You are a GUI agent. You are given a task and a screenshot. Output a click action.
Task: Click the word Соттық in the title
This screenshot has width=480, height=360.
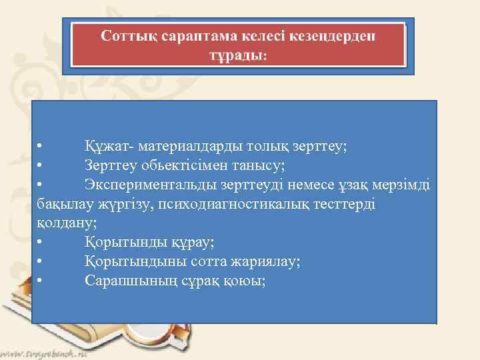click(x=128, y=35)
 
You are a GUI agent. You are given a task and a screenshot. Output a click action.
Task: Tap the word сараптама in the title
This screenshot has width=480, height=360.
click(x=193, y=35)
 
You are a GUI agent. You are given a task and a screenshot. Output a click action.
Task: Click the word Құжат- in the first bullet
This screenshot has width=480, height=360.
click(x=106, y=145)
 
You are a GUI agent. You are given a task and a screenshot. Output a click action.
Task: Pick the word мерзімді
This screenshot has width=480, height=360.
click(x=403, y=184)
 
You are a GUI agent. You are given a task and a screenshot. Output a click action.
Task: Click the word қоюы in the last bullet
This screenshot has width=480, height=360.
click(x=243, y=281)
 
